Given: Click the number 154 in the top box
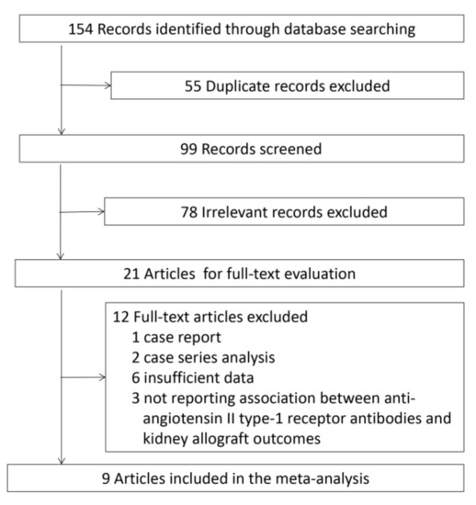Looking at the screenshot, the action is click(81, 29).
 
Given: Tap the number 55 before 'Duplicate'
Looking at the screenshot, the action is click(193, 86).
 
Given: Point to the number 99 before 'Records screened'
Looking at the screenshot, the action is click(188, 149).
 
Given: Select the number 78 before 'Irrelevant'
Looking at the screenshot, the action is click(189, 212).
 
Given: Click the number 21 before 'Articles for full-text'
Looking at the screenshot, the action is click(131, 275).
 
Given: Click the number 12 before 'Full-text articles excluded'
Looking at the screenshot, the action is click(120, 318).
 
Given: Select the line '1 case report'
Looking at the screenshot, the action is click(176, 338).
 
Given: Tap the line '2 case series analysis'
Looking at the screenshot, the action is click(203, 358).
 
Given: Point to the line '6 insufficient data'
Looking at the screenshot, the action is click(193, 377).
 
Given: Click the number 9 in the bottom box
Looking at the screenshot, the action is click(106, 479).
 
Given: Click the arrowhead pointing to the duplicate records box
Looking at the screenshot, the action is click(108, 85).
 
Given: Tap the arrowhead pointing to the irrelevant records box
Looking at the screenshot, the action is click(101, 211).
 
